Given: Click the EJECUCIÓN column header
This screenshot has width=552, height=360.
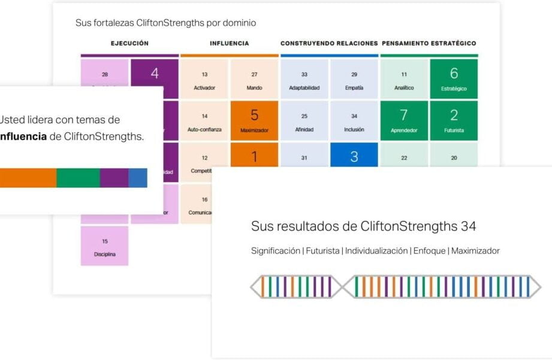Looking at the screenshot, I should click(129, 43).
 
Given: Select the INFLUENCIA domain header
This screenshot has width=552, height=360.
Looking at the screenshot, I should click(229, 43).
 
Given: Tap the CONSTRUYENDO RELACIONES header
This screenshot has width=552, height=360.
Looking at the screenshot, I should click(329, 43).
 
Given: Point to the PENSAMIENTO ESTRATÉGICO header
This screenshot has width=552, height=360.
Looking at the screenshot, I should click(429, 43).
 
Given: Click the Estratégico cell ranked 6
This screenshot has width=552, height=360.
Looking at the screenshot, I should click(454, 78).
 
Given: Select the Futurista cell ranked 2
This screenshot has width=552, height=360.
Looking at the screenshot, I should click(454, 120).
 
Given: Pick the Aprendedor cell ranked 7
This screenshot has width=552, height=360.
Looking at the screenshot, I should click(404, 120).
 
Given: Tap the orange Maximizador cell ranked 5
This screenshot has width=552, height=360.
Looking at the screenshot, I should click(254, 120).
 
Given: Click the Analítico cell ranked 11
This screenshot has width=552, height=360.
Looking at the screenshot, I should click(404, 79).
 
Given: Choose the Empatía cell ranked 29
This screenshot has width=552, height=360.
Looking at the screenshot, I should click(354, 79).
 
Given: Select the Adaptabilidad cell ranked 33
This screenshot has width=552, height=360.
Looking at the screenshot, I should click(304, 79).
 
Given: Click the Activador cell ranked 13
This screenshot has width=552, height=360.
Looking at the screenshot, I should click(204, 79).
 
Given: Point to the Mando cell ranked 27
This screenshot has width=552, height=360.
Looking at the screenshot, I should click(254, 79).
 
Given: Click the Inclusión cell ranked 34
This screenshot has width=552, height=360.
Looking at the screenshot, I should click(354, 120).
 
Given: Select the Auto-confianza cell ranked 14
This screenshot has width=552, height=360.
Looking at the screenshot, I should click(204, 120).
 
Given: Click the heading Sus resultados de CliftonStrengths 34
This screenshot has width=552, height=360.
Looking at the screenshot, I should click(363, 226).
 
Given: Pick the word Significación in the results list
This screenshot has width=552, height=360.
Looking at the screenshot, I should click(276, 251).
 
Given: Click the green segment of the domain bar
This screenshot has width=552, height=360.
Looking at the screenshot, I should click(78, 178).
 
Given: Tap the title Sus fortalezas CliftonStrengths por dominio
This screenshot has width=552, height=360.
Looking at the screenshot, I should click(165, 23).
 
